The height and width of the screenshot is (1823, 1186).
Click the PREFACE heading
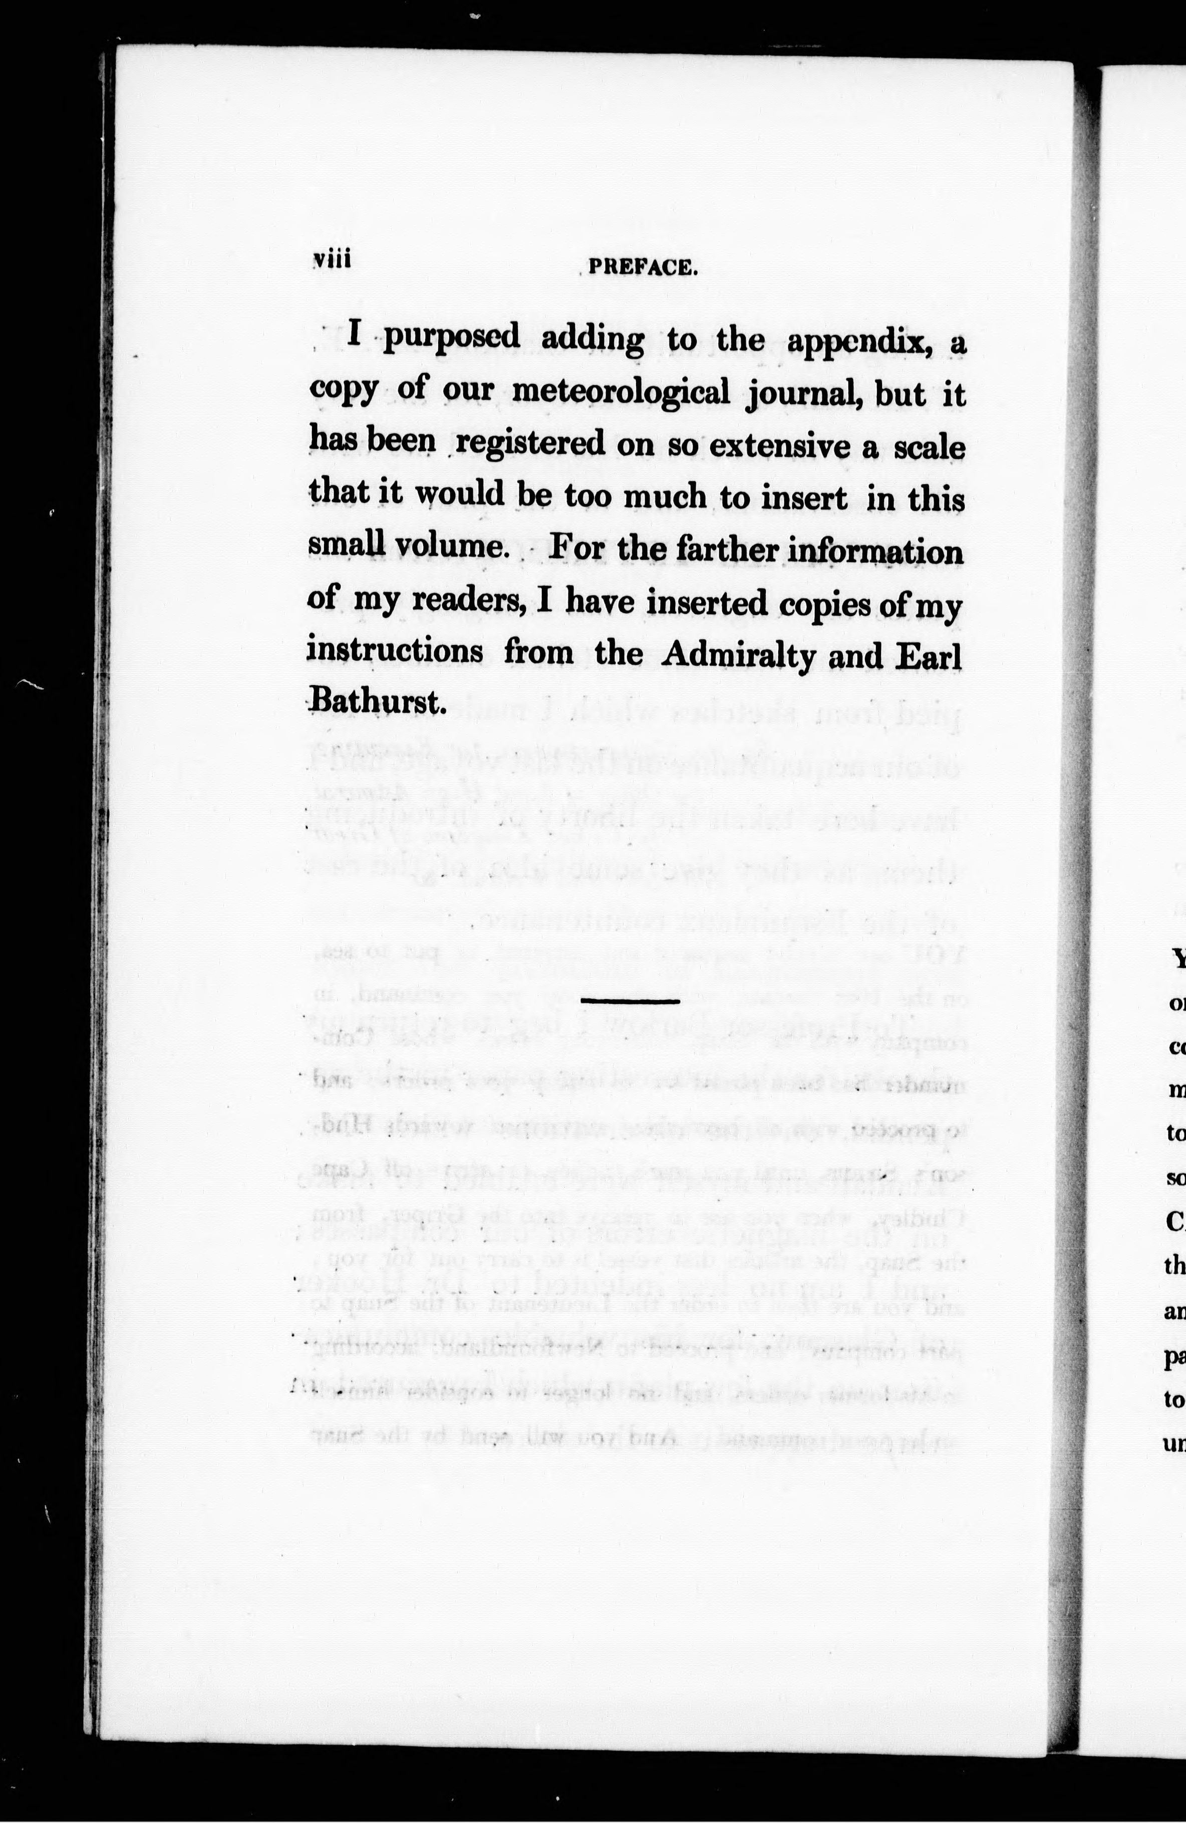point(643,267)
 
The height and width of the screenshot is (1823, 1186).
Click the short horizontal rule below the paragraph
point(630,1001)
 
